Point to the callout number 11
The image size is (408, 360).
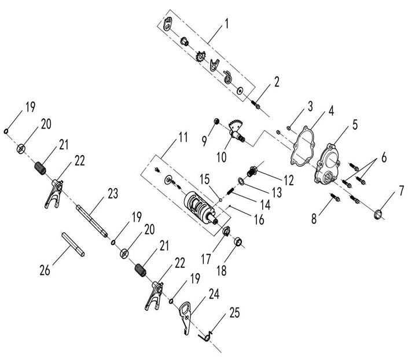pyautogui.click(x=183, y=137)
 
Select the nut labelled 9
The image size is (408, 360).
pyautogui.click(x=215, y=121)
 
